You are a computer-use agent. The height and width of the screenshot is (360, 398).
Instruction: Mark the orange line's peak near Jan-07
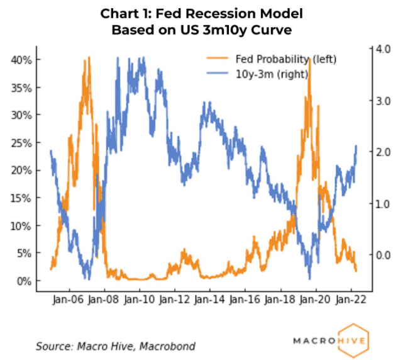(89, 57)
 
